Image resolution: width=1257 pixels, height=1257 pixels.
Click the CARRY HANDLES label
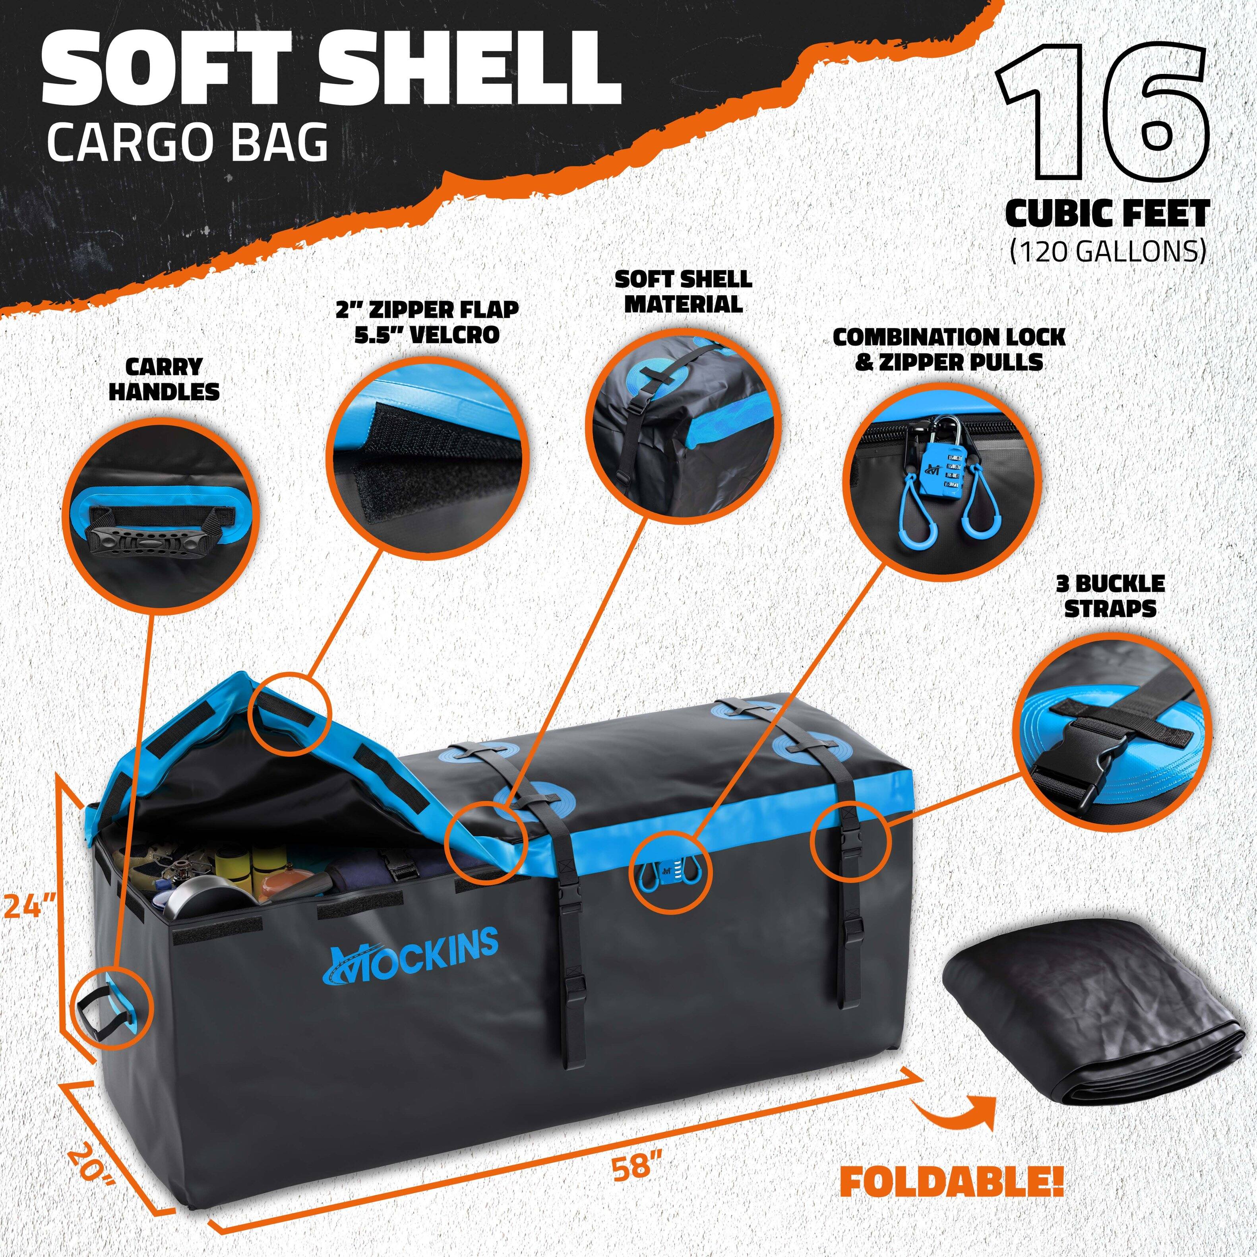[x=164, y=379]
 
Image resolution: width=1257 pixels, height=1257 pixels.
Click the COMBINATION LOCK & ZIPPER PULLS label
[x=949, y=349]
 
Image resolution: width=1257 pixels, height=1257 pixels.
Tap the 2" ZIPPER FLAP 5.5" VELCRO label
[x=428, y=322]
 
